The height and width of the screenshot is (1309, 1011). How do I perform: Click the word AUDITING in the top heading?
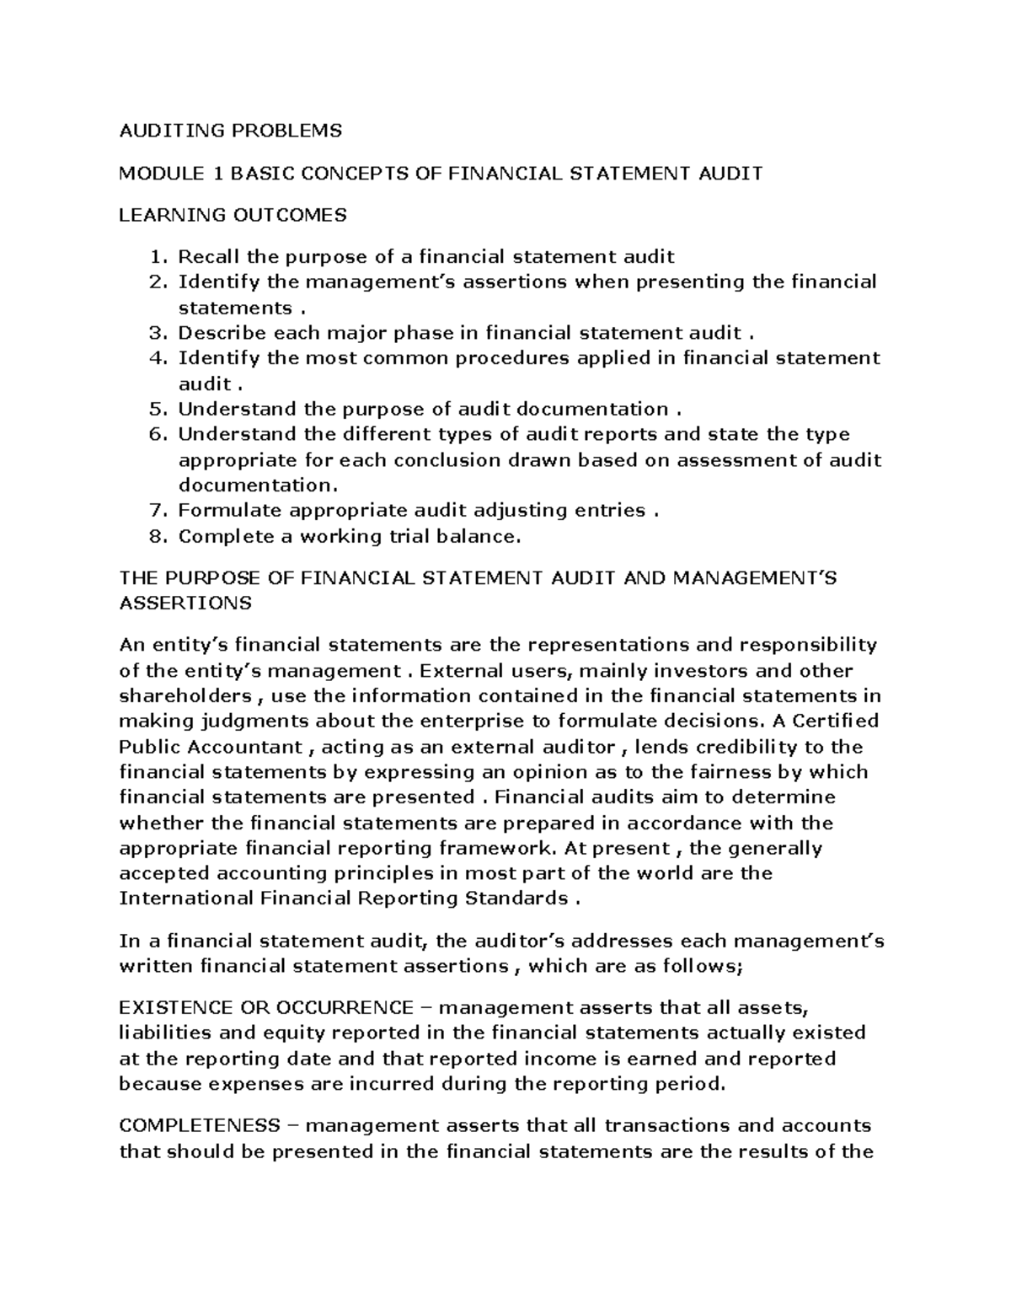tap(156, 131)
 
